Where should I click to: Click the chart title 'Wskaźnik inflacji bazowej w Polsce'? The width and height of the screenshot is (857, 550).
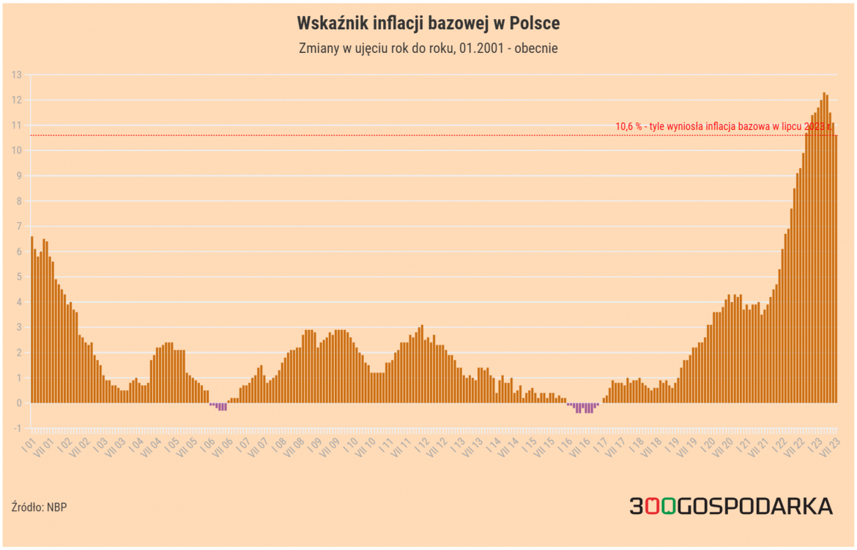point(428,23)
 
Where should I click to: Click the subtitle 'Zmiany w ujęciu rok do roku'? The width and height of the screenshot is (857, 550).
point(428,49)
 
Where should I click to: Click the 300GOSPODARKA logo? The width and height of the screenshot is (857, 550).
point(730,506)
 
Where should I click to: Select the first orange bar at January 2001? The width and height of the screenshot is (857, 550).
point(32,319)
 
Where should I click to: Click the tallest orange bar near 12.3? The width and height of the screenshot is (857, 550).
point(824,248)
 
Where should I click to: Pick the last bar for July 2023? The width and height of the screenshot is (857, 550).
point(836,269)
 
